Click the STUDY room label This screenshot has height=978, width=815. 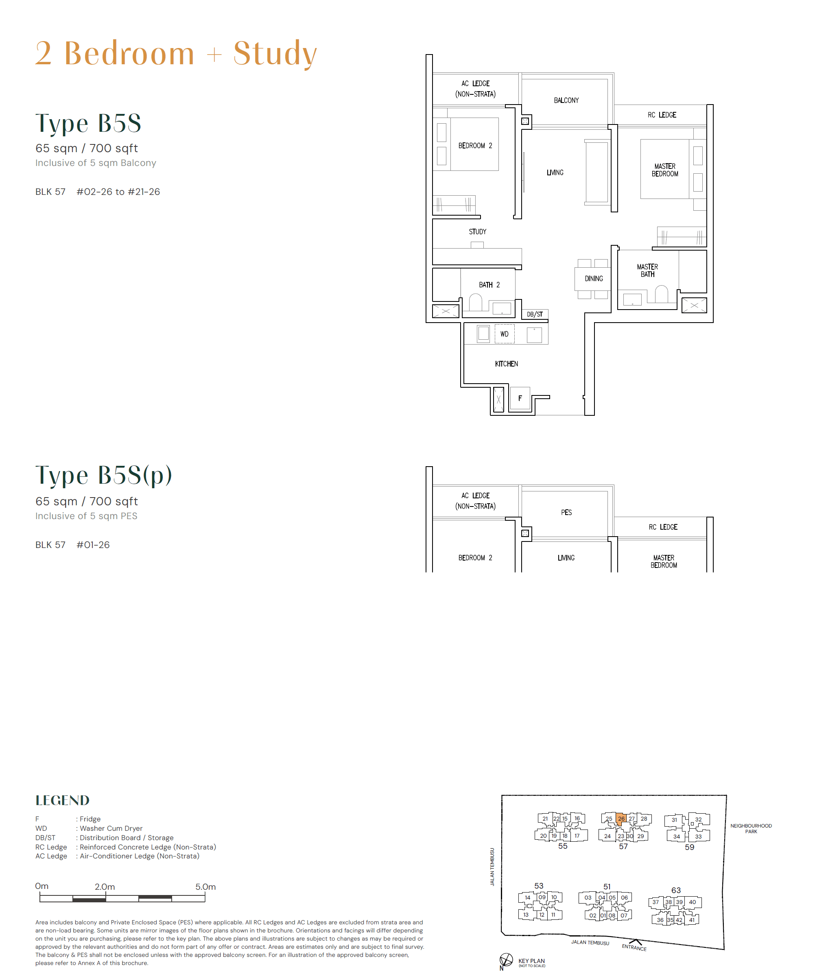pyautogui.click(x=477, y=231)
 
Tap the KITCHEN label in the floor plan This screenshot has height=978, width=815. pyautogui.click(x=506, y=364)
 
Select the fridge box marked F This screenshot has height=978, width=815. pyautogui.click(x=520, y=398)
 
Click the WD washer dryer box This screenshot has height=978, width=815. pyautogui.click(x=505, y=334)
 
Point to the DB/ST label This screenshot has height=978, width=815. pyautogui.click(x=535, y=314)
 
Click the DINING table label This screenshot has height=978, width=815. pyautogui.click(x=594, y=279)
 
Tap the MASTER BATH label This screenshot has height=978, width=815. pyautogui.click(x=647, y=271)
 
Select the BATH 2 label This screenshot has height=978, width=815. pyautogui.click(x=489, y=284)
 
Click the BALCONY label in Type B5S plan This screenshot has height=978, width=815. pyautogui.click(x=566, y=100)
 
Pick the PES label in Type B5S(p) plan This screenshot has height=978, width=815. pyautogui.click(x=566, y=512)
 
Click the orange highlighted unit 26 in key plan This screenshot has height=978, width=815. pyautogui.click(x=621, y=819)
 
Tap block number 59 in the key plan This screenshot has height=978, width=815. pyautogui.click(x=689, y=847)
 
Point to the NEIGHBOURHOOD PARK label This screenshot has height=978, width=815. pyautogui.click(x=751, y=829)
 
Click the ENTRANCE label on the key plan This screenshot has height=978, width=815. pyautogui.click(x=634, y=947)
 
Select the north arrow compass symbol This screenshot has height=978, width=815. pyautogui.click(x=506, y=960)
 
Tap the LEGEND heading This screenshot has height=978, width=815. pyautogui.click(x=62, y=800)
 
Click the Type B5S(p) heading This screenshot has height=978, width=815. pyautogui.click(x=104, y=475)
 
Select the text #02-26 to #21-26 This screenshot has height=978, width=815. pyautogui.click(x=118, y=192)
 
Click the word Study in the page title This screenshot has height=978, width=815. pyautogui.click(x=275, y=54)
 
